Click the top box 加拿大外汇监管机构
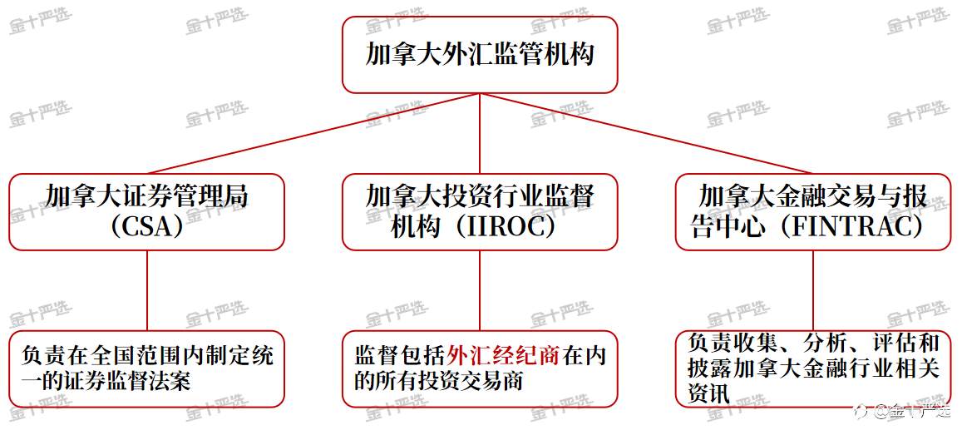point(480,55)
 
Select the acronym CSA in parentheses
point(146,228)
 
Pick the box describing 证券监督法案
point(146,368)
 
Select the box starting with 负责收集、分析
point(813,368)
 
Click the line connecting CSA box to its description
point(146,291)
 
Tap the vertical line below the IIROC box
point(480,291)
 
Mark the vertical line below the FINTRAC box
point(813,291)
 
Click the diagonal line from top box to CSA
point(313,134)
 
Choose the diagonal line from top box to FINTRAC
point(647,134)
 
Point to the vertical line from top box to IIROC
point(480,134)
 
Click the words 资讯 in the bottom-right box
point(708,393)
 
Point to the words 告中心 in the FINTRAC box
point(730,228)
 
